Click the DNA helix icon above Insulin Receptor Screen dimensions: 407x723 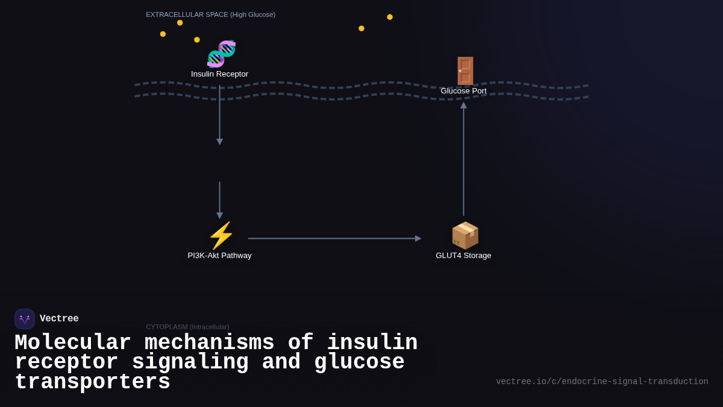pyautogui.click(x=221, y=54)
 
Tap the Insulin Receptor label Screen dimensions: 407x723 pyautogui.click(x=219, y=74)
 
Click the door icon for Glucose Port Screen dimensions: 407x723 pyautogui.click(x=465, y=71)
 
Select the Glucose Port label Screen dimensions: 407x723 pyautogui.click(x=463, y=91)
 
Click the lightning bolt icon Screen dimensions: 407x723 pyautogui.click(x=221, y=235)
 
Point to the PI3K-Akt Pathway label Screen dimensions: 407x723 pyautogui.click(x=219, y=256)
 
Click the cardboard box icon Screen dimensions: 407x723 pyautogui.click(x=465, y=235)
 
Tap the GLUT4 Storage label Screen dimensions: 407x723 pyautogui.click(x=463, y=256)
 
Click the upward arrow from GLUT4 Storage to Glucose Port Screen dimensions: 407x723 pyautogui.click(x=463, y=160)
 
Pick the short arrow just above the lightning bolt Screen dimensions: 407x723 pyautogui.click(x=220, y=200)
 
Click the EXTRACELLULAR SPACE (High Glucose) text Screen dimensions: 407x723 pyautogui.click(x=210, y=14)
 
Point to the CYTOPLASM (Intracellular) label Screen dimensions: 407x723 pyautogui.click(x=187, y=327)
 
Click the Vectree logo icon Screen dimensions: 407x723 pyautogui.click(x=25, y=319)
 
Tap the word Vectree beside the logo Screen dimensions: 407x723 pyautogui.click(x=59, y=319)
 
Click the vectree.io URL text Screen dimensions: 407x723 pyautogui.click(x=602, y=382)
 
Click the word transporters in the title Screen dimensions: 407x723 pyautogui.click(x=92, y=383)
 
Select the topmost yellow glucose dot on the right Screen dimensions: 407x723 pyautogui.click(x=390, y=17)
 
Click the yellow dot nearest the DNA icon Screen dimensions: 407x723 pyautogui.click(x=197, y=40)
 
